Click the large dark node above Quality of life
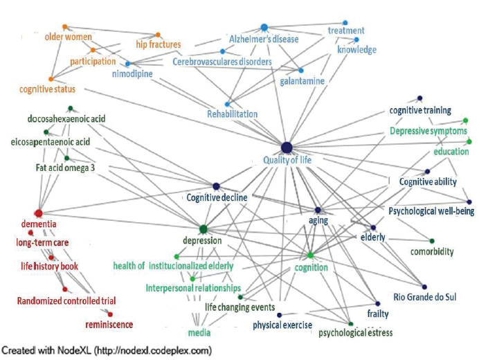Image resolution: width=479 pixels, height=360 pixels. point(287,146)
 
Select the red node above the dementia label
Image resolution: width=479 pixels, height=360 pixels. point(39,213)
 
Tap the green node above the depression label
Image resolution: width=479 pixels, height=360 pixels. point(203,228)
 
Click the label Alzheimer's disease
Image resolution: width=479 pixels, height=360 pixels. point(264,39)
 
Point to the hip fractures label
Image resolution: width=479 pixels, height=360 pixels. point(158,45)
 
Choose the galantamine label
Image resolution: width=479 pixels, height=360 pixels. point(302,81)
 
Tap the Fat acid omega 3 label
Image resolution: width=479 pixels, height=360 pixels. point(65,168)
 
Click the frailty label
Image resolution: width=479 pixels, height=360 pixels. point(378,314)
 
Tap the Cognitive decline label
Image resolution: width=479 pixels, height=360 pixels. point(216,197)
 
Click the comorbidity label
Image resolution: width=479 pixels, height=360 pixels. point(431,252)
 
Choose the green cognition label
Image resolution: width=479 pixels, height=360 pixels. point(311,267)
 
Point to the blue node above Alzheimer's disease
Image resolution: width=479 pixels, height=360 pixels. point(264,27)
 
